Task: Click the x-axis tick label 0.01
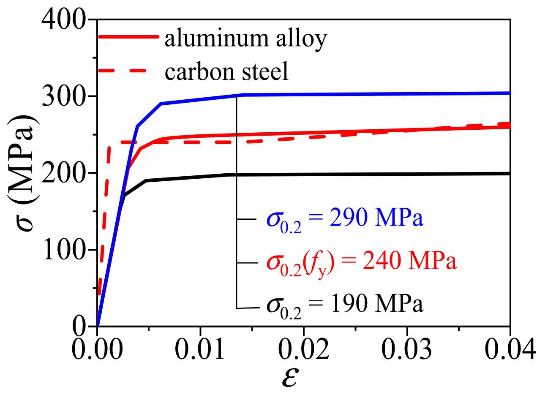click(200, 349)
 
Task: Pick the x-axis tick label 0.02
click(303, 349)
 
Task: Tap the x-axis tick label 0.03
click(406, 349)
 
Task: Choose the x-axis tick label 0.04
click(509, 349)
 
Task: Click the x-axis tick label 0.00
click(97, 349)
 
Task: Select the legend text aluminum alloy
click(245, 39)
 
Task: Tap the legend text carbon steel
click(226, 71)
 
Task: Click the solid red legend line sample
click(128, 37)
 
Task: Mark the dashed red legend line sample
click(123, 71)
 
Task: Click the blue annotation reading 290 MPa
click(344, 219)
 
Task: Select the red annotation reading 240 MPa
click(361, 262)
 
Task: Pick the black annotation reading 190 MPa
click(344, 304)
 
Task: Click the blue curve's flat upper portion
click(380, 94)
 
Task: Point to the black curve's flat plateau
click(380, 174)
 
